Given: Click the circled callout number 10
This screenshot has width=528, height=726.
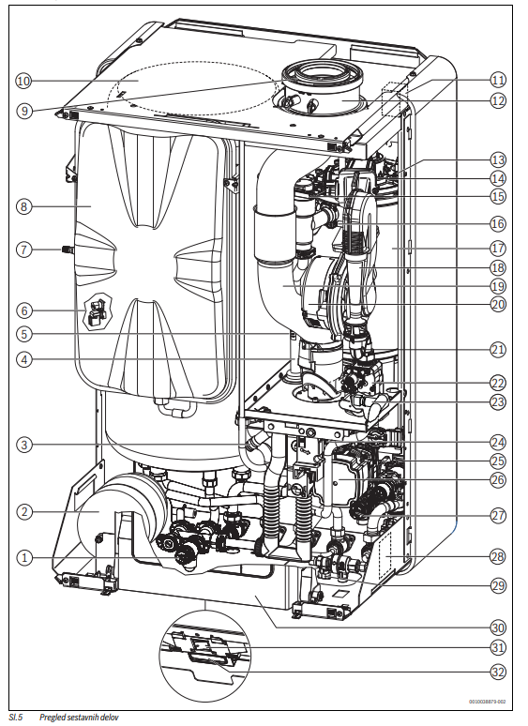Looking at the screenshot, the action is (x=23, y=81).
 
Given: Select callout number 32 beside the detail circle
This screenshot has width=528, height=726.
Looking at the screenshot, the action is (x=498, y=672).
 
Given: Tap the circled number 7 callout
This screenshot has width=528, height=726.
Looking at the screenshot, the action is (x=23, y=250).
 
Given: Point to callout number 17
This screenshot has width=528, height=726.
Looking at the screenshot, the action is (x=498, y=249).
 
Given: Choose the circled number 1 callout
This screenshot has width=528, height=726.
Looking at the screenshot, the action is (x=23, y=558).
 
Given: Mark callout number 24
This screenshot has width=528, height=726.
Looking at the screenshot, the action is (x=498, y=442).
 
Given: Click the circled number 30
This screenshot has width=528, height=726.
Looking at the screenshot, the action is (x=498, y=628).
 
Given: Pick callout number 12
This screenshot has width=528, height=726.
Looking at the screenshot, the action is (x=498, y=100).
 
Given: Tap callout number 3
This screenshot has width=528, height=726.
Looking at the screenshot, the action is (x=23, y=446).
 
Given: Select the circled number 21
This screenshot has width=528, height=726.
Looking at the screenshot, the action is (x=498, y=350).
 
